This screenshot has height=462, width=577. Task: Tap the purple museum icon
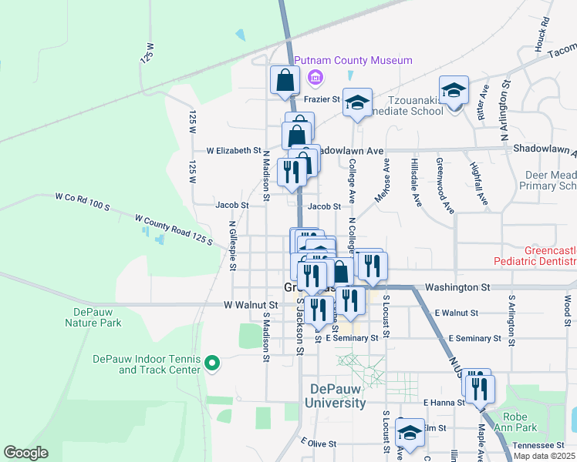click(x=314, y=77)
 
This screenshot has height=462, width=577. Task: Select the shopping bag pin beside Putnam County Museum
click(x=285, y=80)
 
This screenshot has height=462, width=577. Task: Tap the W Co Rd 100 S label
click(x=83, y=203)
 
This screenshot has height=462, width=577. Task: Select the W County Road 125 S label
click(x=174, y=230)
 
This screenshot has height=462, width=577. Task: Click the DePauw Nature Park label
click(x=98, y=317)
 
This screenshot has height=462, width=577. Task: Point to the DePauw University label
click(x=335, y=396)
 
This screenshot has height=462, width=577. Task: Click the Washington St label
click(x=464, y=286)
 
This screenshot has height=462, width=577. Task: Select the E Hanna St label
click(x=442, y=403)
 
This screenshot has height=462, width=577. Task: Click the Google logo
click(x=25, y=453)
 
